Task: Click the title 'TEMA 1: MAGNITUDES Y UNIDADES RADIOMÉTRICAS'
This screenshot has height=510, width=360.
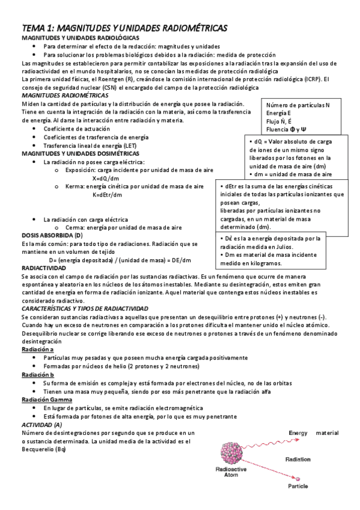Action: coord(124,28)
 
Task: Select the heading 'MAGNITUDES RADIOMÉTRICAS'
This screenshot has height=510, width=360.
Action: coord(59,95)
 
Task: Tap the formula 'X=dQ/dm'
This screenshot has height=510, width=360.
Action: coord(106,179)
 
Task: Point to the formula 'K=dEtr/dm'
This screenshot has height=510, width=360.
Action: coord(108,195)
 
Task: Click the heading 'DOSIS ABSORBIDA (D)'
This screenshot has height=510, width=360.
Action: coord(52,235)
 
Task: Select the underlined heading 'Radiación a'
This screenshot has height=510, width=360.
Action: coord(37,349)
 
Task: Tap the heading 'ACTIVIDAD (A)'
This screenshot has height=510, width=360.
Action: coord(45,425)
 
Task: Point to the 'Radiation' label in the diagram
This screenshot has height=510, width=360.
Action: coord(299,458)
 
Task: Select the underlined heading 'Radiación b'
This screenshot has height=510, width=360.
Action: coord(37,374)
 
